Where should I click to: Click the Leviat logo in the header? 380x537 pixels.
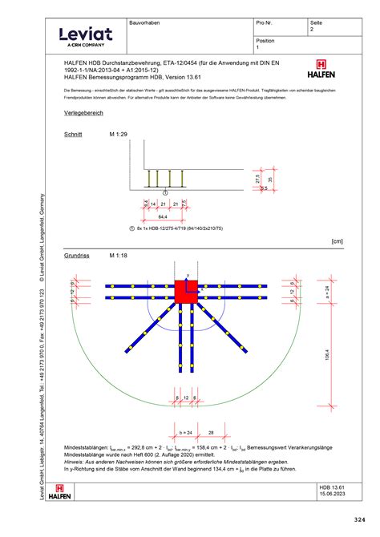(x=83, y=35)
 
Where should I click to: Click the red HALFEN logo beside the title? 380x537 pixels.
(x=321, y=70)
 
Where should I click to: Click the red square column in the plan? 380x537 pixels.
(x=187, y=292)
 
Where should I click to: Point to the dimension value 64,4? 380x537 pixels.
(x=163, y=216)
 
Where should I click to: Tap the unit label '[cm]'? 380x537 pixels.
(x=336, y=240)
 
